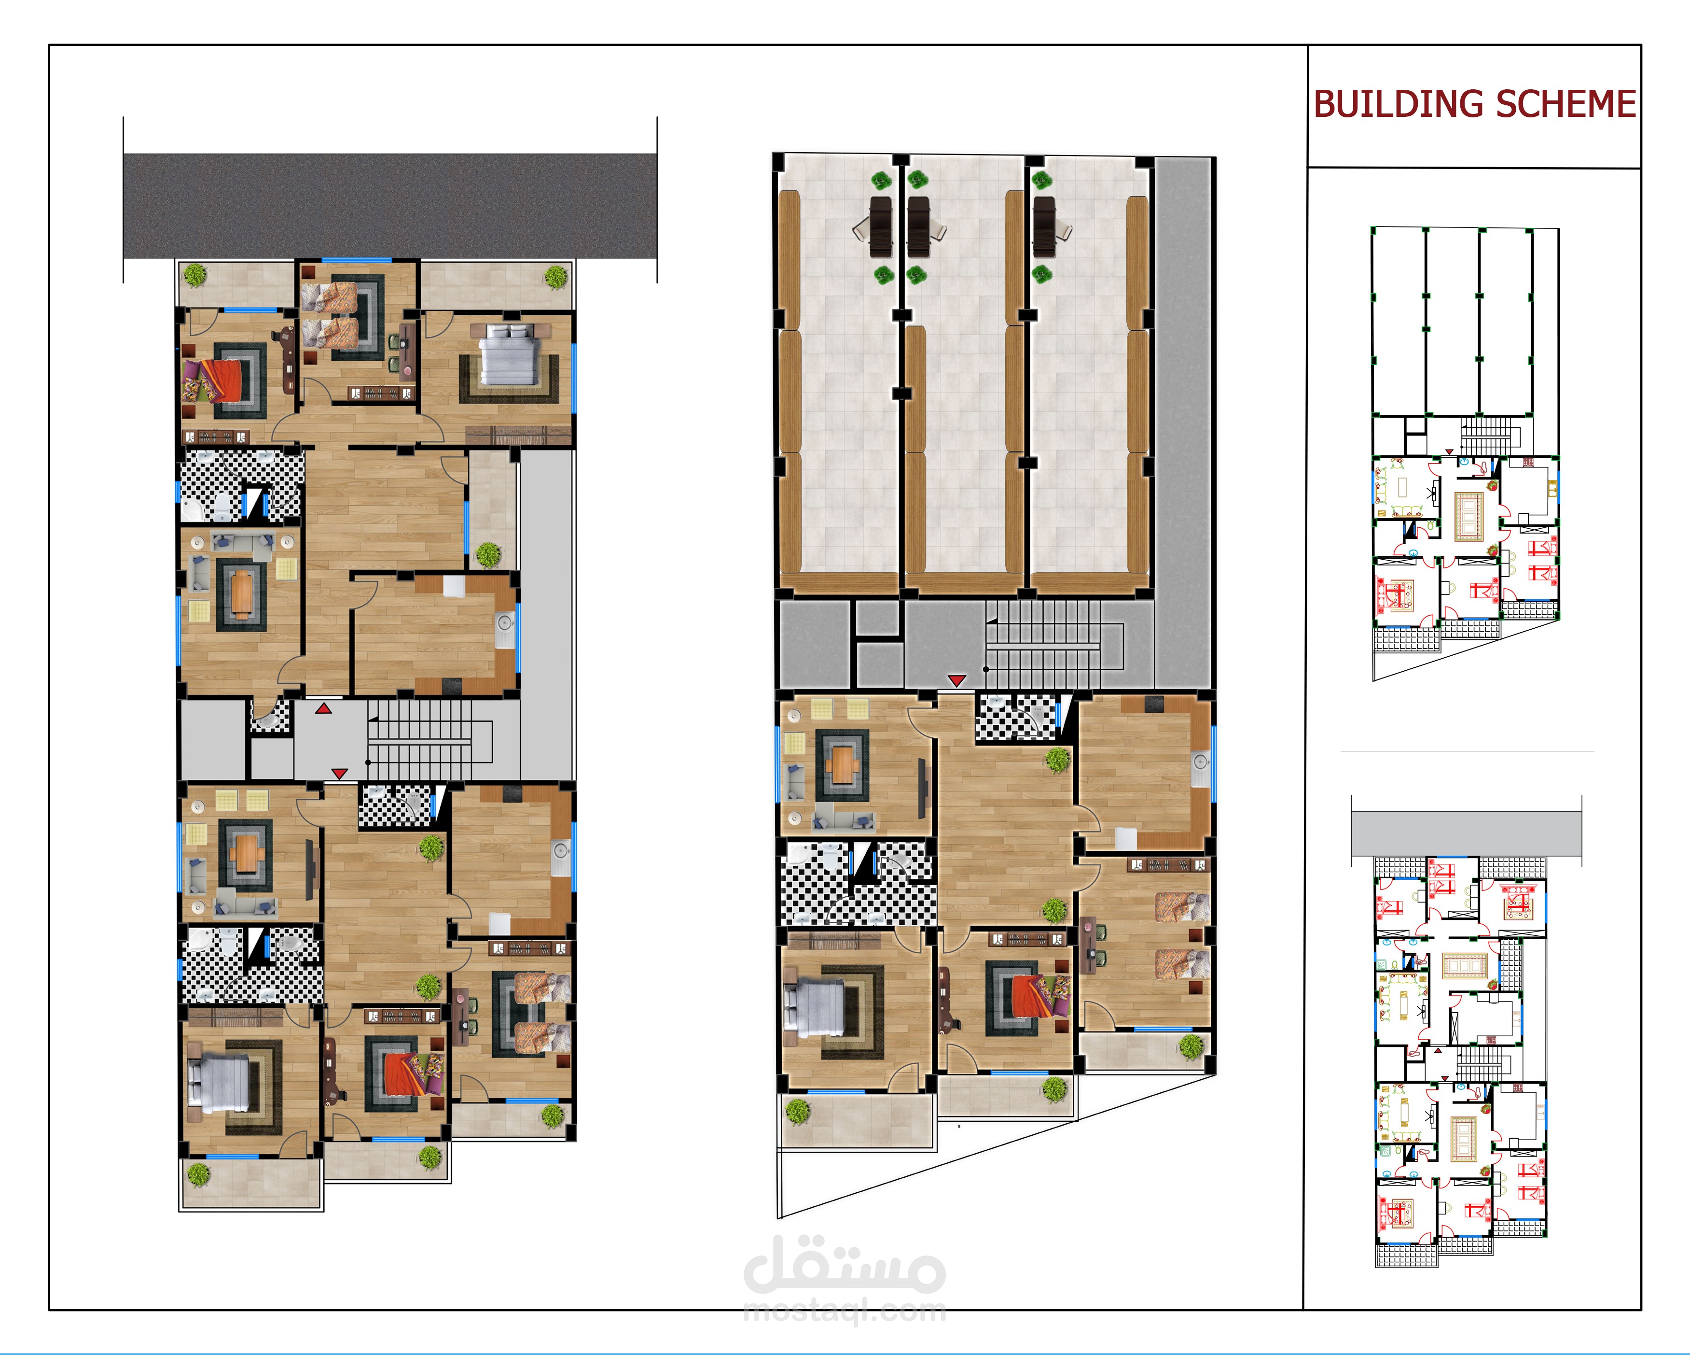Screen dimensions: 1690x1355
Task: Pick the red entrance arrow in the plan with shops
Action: pos(956,680)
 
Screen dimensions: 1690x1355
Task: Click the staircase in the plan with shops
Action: pos(1054,645)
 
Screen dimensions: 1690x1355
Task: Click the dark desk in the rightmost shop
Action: pos(1043,226)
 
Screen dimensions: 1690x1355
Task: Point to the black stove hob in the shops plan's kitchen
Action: pos(1155,704)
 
